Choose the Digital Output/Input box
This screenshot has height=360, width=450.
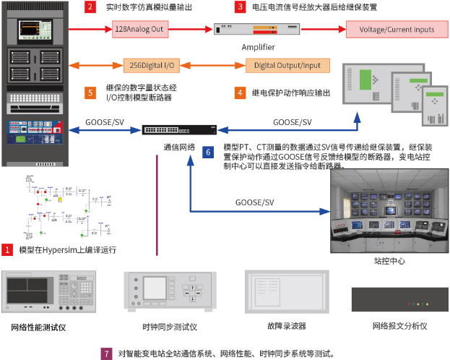coord(287,65)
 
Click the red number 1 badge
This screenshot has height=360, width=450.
coord(7,249)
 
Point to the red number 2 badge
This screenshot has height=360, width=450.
coord(90,7)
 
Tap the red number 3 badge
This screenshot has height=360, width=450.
coord(240,7)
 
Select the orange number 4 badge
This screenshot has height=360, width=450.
coord(240,93)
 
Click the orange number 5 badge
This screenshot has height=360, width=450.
coord(90,93)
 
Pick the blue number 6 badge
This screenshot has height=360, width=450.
coord(209,153)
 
